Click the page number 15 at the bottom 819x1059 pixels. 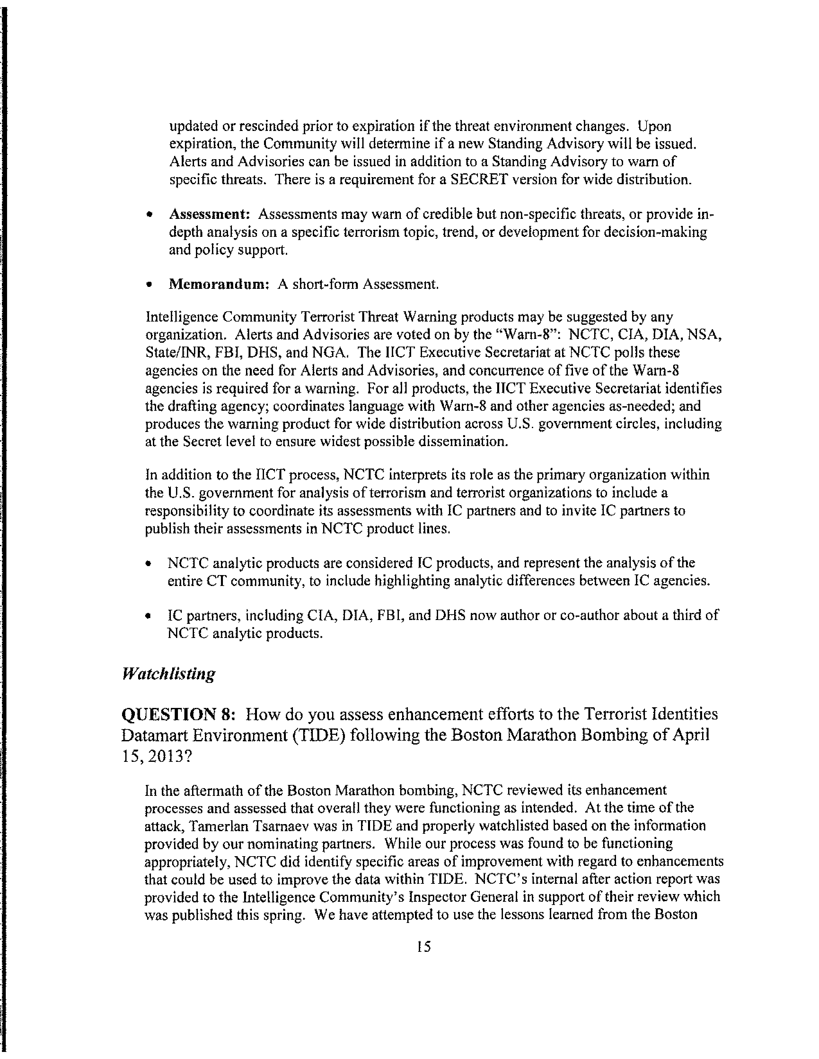[423, 960]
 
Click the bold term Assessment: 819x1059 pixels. [209, 214]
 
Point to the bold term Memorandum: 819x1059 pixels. [219, 284]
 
